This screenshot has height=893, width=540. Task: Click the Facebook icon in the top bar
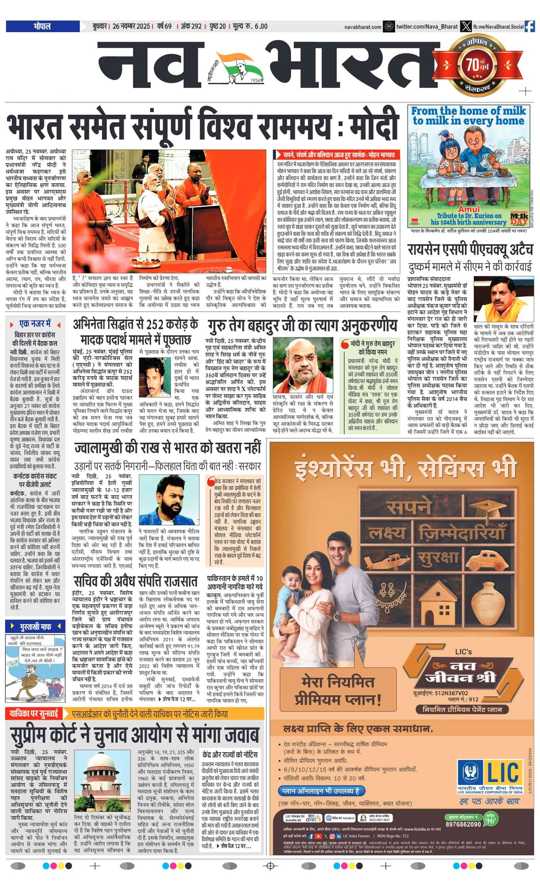tap(530, 26)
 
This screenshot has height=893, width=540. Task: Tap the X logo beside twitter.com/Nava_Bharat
tap(466, 26)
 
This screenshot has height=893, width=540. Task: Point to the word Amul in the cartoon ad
tap(469, 209)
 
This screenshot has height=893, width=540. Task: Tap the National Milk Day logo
tap(519, 217)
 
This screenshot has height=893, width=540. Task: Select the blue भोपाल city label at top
tap(43, 26)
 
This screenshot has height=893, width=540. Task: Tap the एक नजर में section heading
tap(35, 324)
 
